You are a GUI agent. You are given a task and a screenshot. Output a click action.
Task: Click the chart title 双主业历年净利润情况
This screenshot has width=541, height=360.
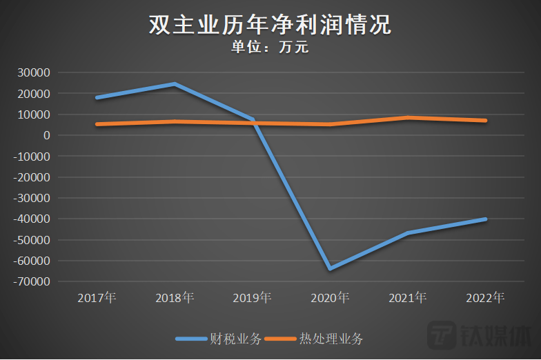[x=270, y=25]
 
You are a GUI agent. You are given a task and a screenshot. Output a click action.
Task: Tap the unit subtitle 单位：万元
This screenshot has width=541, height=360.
[x=270, y=48]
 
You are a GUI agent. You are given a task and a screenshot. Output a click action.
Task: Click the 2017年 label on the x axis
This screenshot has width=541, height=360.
[x=97, y=298]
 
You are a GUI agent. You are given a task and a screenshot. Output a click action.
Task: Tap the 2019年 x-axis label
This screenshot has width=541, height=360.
[x=253, y=298]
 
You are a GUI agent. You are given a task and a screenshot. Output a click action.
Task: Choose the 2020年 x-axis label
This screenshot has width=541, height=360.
[x=330, y=298]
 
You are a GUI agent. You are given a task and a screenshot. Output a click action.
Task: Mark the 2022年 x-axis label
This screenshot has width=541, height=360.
[x=486, y=298]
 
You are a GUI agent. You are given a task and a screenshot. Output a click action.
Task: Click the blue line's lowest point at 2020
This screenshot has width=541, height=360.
[x=331, y=268]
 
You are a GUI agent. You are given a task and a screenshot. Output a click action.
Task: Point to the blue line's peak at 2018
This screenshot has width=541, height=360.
[x=175, y=84]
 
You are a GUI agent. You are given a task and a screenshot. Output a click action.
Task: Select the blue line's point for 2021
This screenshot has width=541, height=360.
[x=408, y=233]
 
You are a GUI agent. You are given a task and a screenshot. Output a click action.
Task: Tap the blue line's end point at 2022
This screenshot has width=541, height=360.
[x=486, y=219]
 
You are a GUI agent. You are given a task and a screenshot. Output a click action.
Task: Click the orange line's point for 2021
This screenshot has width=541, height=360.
[x=408, y=118]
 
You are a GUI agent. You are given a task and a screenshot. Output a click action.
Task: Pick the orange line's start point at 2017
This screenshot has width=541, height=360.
[x=97, y=124]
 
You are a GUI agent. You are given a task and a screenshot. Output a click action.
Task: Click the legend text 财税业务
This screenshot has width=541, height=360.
[x=235, y=339]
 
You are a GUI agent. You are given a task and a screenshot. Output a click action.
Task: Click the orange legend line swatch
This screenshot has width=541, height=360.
[x=282, y=339]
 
